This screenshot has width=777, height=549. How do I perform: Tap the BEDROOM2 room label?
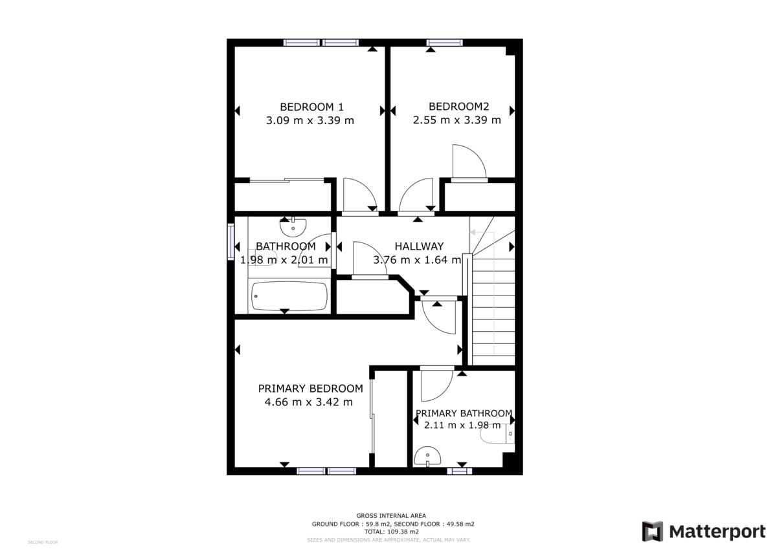pyautogui.click(x=458, y=107)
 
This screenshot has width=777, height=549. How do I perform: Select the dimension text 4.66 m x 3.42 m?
pyautogui.click(x=309, y=402)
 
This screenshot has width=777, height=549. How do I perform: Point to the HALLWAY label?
pyautogui.click(x=419, y=246)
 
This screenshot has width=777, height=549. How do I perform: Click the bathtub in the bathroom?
pyautogui.click(x=289, y=296)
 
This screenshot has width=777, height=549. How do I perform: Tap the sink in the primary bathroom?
pyautogui.click(x=427, y=457)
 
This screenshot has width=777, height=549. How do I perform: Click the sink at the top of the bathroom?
pyautogui.click(x=293, y=226)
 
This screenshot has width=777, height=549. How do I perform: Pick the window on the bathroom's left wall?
pyautogui.click(x=231, y=241)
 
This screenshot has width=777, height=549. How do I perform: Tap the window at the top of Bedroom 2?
pyautogui.click(x=444, y=43)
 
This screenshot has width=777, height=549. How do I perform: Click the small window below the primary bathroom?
pyautogui.click(x=459, y=471)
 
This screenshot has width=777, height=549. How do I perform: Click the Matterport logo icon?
pyautogui.click(x=653, y=532)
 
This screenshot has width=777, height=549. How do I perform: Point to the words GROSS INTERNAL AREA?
pyautogui.click(x=391, y=515)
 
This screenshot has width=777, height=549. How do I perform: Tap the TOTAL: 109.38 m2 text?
pyautogui.click(x=391, y=532)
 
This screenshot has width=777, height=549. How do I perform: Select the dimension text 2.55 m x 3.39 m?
pyautogui.click(x=457, y=120)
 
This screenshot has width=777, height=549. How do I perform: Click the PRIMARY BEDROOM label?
pyautogui.click(x=310, y=389)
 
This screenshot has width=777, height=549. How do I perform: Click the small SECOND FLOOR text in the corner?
pyautogui.click(x=43, y=542)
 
